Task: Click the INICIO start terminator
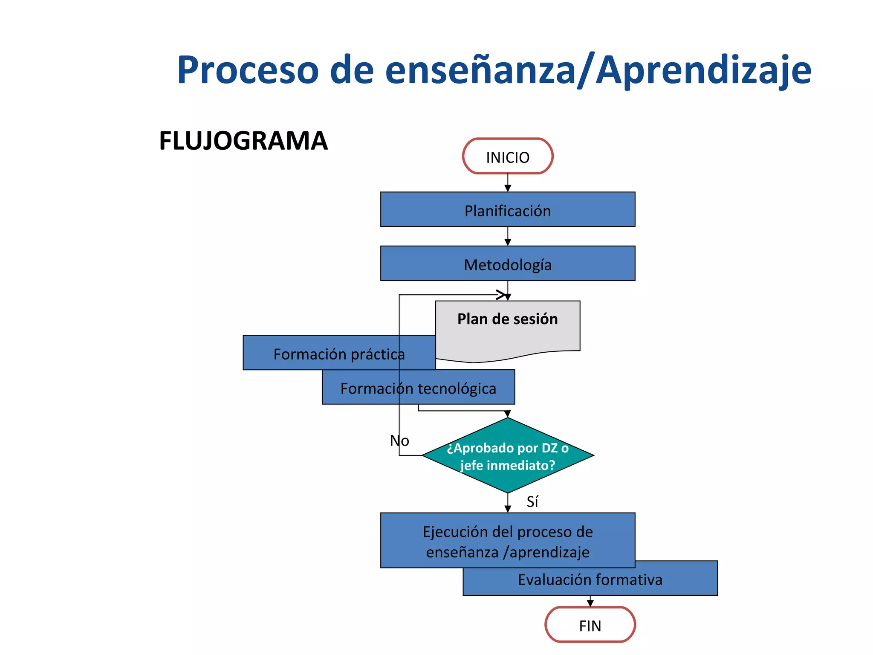pos(507,156)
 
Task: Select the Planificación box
pos(507,209)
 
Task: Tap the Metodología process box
pos(507,264)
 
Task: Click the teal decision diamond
pos(507,455)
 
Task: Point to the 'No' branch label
pos(399,441)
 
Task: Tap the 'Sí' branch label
pos(532,501)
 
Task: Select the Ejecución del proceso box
pos(507,540)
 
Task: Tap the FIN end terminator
pos(590,625)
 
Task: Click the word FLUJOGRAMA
pos(243,141)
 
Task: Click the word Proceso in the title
pos(248,70)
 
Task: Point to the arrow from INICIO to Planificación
pos(507,183)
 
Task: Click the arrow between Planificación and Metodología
pos(507,237)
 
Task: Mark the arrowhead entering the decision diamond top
pos(507,414)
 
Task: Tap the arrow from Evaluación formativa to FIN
pos(590,601)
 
